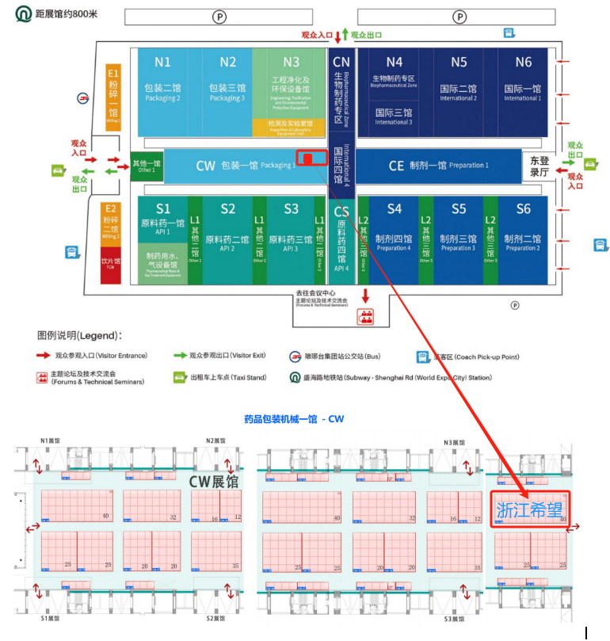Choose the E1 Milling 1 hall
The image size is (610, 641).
click(x=112, y=94)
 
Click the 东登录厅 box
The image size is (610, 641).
click(x=539, y=166)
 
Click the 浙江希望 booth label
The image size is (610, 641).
click(x=529, y=509)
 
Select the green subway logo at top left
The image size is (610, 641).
click(x=25, y=15)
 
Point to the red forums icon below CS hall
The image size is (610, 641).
click(x=366, y=316)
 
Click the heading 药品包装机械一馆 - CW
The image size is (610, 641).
click(x=294, y=418)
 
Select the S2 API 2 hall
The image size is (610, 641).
click(x=228, y=231)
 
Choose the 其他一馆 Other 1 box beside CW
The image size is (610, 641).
click(x=147, y=166)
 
